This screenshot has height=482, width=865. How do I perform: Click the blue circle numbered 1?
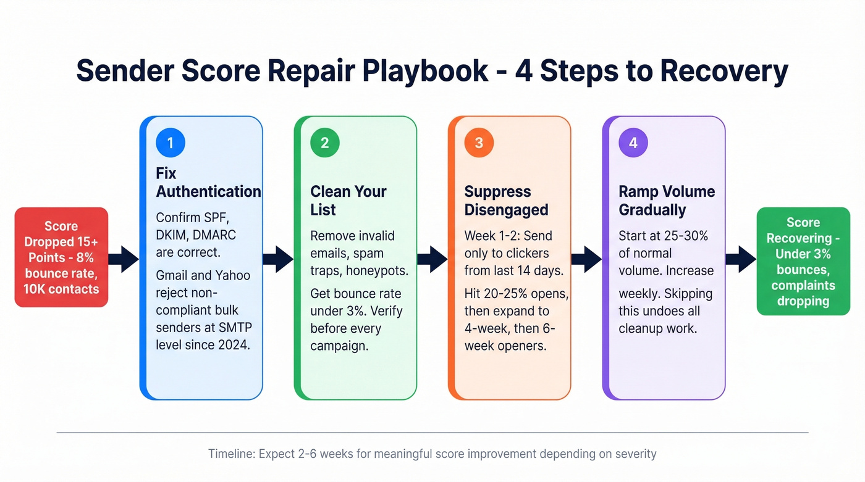click(171, 143)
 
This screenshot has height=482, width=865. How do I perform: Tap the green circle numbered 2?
click(324, 143)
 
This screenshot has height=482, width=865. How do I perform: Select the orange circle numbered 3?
click(479, 143)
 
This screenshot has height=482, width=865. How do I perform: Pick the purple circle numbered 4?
click(633, 143)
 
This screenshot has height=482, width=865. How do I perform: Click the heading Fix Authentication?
click(208, 183)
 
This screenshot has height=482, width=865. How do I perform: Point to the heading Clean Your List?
click(348, 201)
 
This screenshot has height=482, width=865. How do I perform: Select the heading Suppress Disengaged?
click(506, 201)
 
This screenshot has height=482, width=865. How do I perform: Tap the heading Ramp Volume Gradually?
click(666, 201)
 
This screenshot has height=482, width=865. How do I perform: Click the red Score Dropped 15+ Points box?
click(61, 257)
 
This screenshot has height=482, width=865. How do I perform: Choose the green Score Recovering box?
click(803, 261)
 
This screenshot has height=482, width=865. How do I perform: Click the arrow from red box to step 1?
click(124, 259)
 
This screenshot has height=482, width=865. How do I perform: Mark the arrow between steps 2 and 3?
click(432, 259)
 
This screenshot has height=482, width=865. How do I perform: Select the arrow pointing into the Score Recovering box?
click(741, 259)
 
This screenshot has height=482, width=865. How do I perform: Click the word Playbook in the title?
click(426, 71)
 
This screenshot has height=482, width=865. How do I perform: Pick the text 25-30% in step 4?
click(686, 236)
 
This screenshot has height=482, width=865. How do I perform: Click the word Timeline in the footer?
click(231, 454)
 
